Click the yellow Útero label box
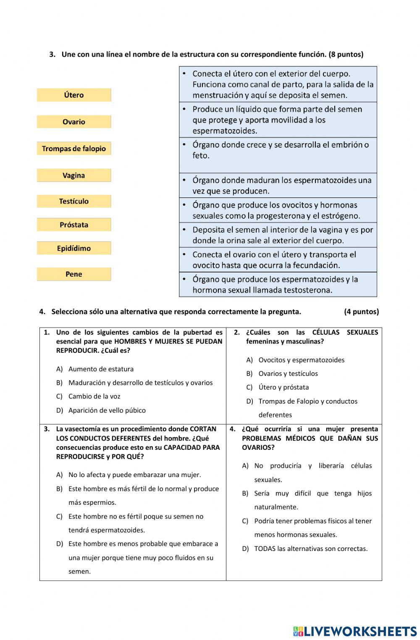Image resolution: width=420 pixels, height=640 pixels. tap(74, 95)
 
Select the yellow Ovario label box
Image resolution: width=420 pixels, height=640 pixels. tap(74, 122)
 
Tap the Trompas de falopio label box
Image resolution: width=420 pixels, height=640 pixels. tap(74, 149)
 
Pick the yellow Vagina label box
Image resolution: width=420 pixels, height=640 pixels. tap(74, 176)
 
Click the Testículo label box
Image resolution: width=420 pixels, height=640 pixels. tap(74, 201)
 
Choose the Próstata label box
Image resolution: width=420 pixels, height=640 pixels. tap(74, 225)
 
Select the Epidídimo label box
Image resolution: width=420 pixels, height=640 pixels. tap(74, 248)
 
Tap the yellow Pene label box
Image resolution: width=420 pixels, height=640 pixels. tap(74, 274)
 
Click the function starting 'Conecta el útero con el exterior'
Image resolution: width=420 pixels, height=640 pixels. tap(278, 84)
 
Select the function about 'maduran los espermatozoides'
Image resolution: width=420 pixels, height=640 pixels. tap(278, 186)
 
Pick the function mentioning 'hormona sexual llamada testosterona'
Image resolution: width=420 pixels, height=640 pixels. tap(278, 285)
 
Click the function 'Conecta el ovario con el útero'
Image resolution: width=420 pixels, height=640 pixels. tap(278, 260)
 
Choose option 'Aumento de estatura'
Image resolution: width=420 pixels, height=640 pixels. tap(101, 369)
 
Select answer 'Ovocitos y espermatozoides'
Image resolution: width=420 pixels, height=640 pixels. tap(301, 360)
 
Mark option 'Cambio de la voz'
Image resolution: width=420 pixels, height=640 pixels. tap(94, 396)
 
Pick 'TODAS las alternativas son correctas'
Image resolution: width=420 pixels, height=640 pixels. tap(310, 548)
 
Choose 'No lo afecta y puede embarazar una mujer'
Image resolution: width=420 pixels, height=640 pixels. tap(134, 475)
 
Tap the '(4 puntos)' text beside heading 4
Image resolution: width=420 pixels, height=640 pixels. tap(361, 312)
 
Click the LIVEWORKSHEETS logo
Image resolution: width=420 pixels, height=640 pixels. tap(355, 631)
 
